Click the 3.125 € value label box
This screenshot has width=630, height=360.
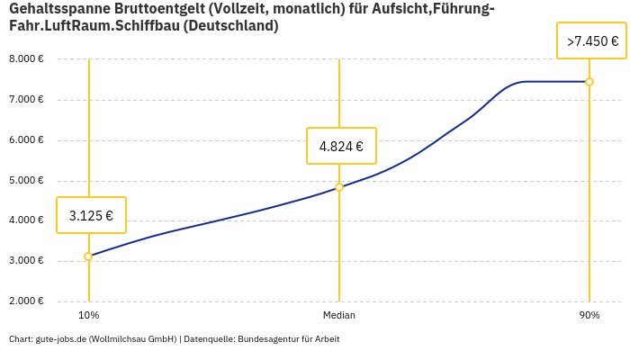91,215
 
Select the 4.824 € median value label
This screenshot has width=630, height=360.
341,146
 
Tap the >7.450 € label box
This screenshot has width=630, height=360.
592,40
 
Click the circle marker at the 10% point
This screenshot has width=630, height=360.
88,256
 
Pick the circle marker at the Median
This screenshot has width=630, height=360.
339,187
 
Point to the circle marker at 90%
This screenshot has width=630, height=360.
589,82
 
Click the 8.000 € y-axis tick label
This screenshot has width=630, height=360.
26,59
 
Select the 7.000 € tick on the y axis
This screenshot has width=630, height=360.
26,100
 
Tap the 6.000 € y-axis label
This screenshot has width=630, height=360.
26,140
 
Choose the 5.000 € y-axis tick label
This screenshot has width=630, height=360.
26,181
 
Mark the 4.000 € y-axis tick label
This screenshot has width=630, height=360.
26,220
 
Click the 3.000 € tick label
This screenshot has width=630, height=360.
26,261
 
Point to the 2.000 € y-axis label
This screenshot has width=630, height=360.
26,301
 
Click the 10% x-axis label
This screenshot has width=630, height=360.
88,316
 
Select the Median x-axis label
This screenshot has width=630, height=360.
339,316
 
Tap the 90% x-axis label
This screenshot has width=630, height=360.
589,316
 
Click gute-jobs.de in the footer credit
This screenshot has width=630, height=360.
60,339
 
